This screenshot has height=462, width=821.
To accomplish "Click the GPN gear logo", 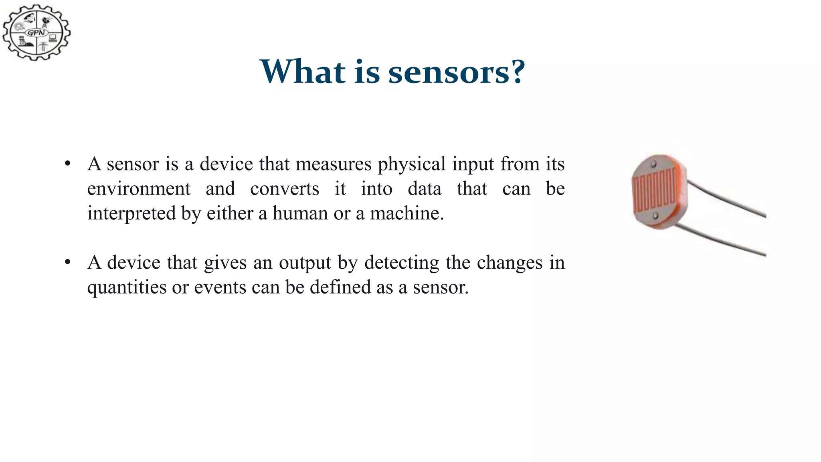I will point(36,32).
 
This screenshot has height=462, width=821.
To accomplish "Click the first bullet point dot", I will point(67,164).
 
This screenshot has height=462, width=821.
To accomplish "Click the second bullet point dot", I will point(67,262).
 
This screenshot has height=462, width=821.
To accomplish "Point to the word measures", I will point(334,164).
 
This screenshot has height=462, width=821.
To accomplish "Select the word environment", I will point(139,189).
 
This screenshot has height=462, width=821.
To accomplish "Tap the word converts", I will point(285,189).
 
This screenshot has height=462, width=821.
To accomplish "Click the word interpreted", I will point(131,213).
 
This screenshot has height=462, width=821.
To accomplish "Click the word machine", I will point(406,213).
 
